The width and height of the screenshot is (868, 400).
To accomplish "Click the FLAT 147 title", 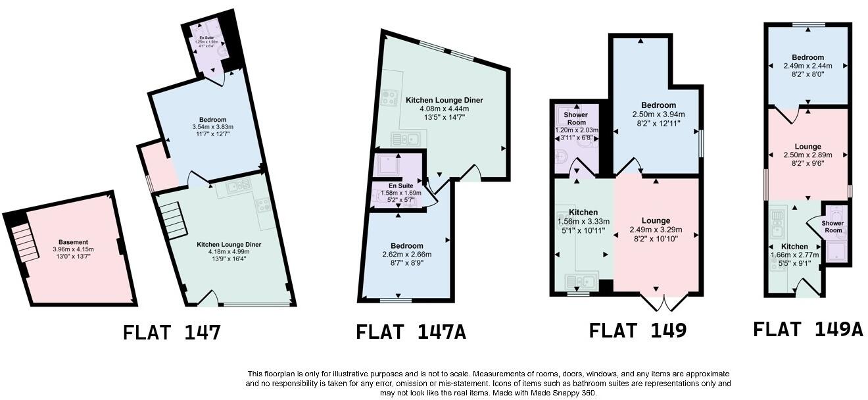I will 172,333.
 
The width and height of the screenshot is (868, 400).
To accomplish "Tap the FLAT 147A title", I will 411,332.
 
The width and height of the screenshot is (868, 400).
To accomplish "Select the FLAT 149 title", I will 637,330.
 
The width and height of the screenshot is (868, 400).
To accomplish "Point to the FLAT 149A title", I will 808,329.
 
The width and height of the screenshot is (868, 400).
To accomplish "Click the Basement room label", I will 73,242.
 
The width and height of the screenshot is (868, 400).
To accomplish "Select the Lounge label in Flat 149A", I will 808,147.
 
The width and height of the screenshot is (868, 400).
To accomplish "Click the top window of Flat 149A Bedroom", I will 808,25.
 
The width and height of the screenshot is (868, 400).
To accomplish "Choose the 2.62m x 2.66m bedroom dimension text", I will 406,255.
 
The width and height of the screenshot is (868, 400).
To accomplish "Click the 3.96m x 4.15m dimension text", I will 73,250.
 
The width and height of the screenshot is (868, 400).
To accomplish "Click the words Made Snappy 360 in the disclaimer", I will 569,393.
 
